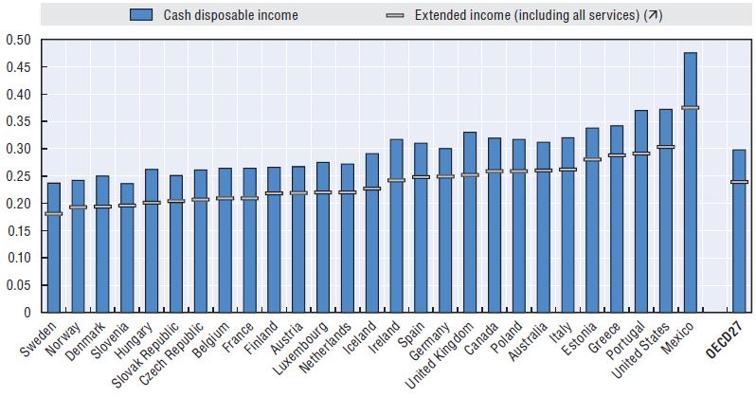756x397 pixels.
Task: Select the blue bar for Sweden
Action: (53, 247)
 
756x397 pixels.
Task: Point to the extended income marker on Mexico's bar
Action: (690, 108)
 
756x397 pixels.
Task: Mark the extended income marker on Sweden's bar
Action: (53, 213)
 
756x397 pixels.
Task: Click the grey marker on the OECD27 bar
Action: (738, 182)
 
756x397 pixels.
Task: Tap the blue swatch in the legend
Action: (141, 15)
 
